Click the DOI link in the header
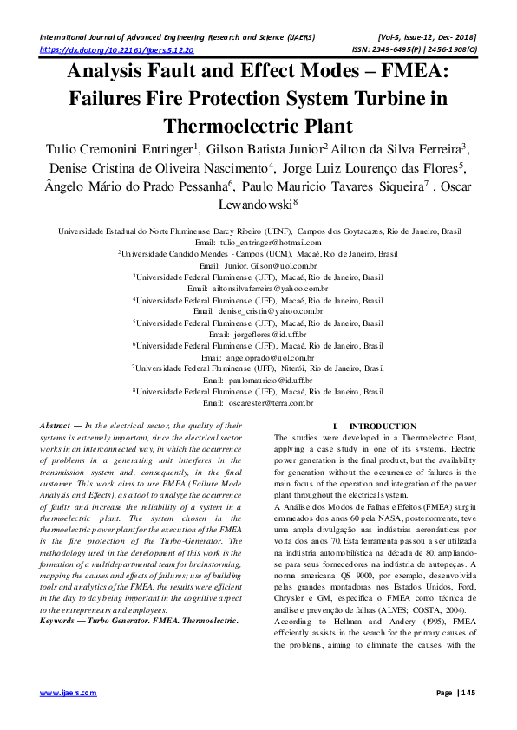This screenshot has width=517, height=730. (117, 51)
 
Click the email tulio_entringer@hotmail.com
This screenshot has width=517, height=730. (270, 243)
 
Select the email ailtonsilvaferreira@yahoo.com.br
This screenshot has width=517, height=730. (271, 287)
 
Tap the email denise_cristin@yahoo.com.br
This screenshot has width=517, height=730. (270, 310)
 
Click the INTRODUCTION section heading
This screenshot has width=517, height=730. (382, 427)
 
